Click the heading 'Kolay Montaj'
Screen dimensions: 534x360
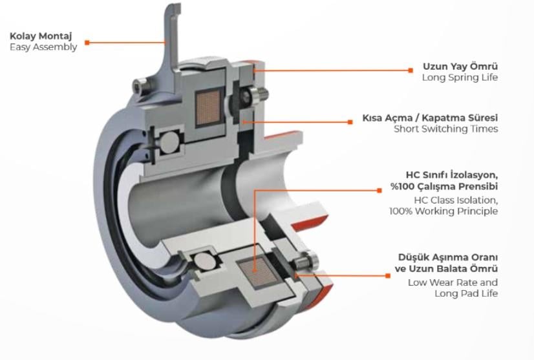(x=41, y=36)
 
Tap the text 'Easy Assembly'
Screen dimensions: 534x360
(x=43, y=47)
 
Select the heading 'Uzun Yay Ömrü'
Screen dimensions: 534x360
(x=460, y=66)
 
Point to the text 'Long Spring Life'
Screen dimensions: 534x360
(x=460, y=78)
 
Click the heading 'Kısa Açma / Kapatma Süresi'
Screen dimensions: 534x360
(x=430, y=118)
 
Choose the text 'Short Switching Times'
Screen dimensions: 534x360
(x=446, y=129)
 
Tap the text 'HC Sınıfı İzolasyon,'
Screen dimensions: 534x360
(x=452, y=175)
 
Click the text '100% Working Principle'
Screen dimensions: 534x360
(x=443, y=211)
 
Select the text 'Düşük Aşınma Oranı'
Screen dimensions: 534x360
(x=448, y=257)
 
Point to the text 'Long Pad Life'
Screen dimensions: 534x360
(x=466, y=293)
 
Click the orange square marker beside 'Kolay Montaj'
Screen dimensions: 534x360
(x=87, y=43)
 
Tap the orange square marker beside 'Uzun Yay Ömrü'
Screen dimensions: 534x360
(x=411, y=70)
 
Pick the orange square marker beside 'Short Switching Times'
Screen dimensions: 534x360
(x=350, y=122)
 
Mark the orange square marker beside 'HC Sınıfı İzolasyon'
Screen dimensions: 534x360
(x=379, y=191)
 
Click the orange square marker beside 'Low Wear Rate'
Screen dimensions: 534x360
(x=387, y=275)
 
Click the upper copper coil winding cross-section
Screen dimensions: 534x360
(x=208, y=108)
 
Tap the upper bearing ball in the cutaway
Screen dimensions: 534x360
(x=169, y=142)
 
